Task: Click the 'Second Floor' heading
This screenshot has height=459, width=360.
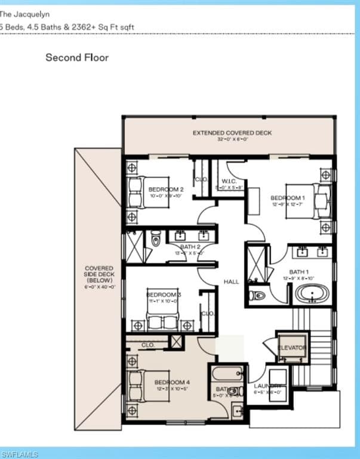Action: coord(77,58)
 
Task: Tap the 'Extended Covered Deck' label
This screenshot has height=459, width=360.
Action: coord(232,132)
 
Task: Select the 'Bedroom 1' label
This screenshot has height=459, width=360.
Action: coord(288,198)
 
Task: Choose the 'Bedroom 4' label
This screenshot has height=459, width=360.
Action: coord(172,382)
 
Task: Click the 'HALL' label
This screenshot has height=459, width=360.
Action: coord(231,281)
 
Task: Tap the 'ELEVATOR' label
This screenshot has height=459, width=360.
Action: coord(292,347)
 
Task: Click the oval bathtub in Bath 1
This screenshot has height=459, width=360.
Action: coord(312,294)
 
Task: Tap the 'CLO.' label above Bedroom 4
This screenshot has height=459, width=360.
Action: coord(147,345)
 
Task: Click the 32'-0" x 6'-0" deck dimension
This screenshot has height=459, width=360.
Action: coord(232,139)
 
